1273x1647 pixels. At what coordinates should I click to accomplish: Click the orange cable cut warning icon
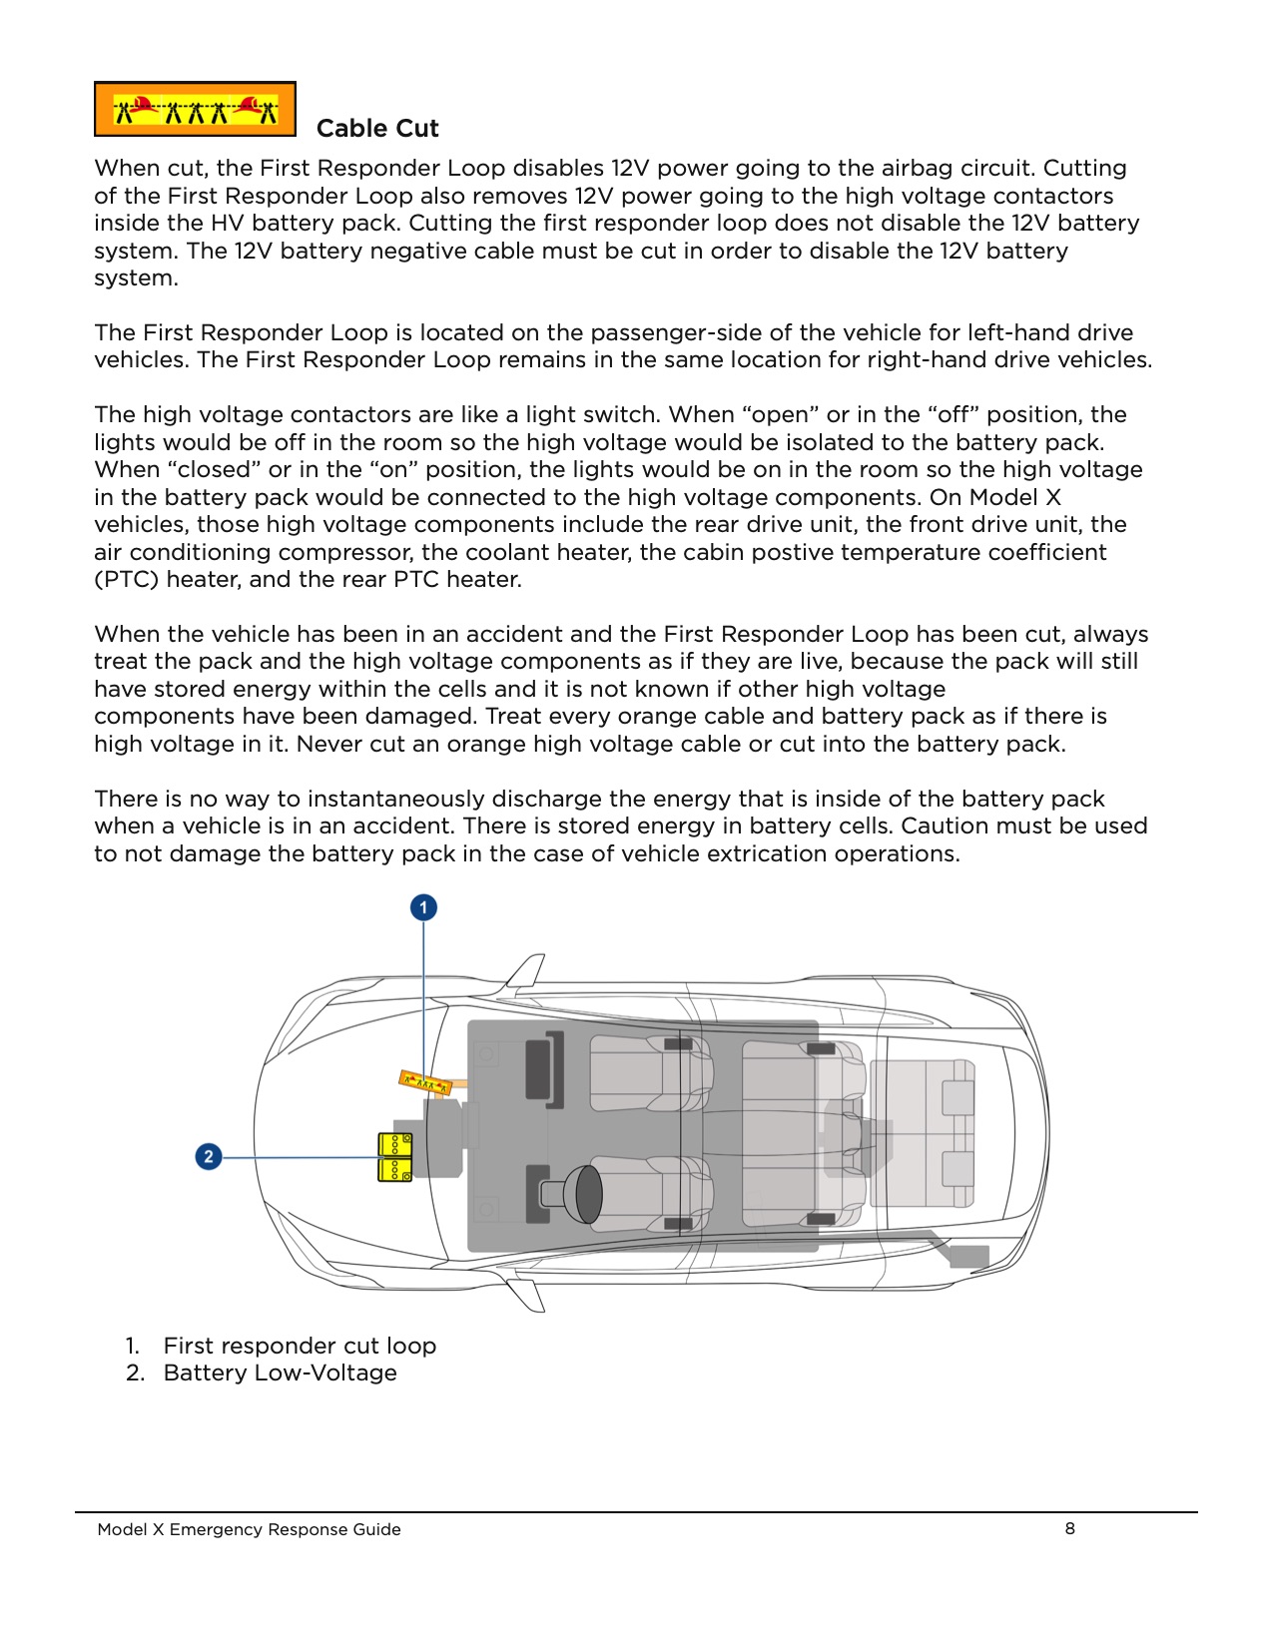pyautogui.click(x=195, y=109)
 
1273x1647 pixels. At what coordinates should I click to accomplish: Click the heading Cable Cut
pyautogui.click(x=377, y=129)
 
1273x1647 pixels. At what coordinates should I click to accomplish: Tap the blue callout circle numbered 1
pyautogui.click(x=423, y=907)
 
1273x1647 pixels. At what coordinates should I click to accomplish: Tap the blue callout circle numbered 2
pyautogui.click(x=208, y=1157)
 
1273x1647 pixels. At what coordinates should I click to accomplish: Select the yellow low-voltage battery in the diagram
pyautogui.click(x=394, y=1157)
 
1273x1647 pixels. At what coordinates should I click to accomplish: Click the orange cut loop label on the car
pyautogui.click(x=425, y=1082)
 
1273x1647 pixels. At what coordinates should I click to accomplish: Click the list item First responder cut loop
pyautogui.click(x=300, y=1346)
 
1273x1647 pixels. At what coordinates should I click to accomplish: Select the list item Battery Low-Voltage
pyautogui.click(x=280, y=1373)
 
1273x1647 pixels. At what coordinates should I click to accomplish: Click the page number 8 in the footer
pyautogui.click(x=1069, y=1528)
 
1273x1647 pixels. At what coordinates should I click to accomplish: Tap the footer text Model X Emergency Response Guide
pyautogui.click(x=249, y=1529)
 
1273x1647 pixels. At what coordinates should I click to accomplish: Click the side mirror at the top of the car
pyautogui.click(x=527, y=969)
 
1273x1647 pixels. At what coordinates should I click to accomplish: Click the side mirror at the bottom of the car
pyautogui.click(x=527, y=1295)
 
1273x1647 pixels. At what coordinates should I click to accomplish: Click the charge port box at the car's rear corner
pyautogui.click(x=967, y=1257)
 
